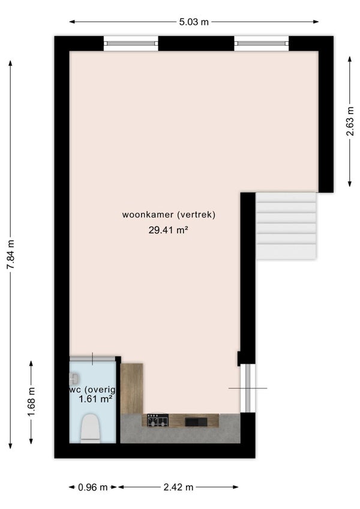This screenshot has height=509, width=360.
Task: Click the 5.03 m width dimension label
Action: [193, 22]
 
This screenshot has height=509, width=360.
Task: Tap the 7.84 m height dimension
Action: [10, 255]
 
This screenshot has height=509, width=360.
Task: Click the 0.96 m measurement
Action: [93, 487]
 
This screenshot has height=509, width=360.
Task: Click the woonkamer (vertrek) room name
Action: [169, 214]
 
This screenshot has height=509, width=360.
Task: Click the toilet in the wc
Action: [91, 428]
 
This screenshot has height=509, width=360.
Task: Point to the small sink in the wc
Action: [74, 378]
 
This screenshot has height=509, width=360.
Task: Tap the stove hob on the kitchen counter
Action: [158, 421]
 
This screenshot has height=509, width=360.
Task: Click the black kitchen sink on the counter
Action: [196, 421]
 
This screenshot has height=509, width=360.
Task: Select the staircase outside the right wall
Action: [286, 226]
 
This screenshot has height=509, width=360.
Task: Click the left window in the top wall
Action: [131, 43]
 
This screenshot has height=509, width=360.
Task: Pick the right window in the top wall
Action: [261, 43]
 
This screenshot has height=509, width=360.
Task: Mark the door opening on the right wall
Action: [247, 388]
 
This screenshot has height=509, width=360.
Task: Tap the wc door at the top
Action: [92, 358]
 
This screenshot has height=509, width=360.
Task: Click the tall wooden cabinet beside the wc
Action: [131, 388]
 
